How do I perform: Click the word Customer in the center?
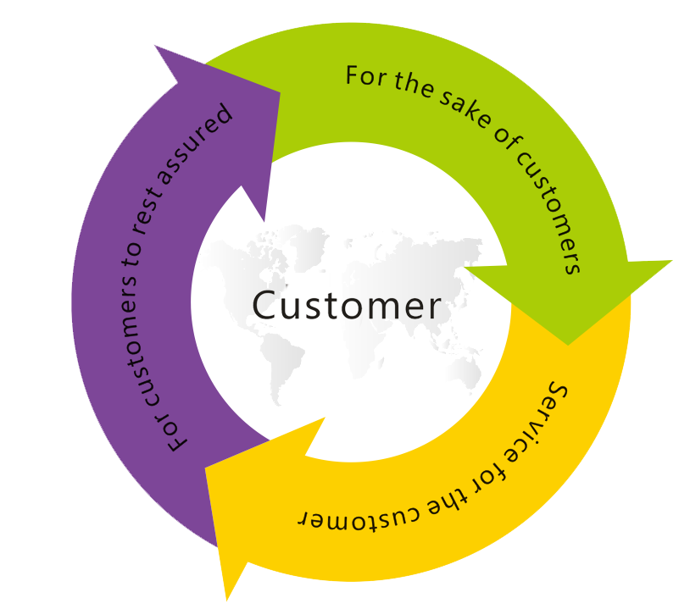tap(346, 305)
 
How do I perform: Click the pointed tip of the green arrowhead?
tap(567, 345)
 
